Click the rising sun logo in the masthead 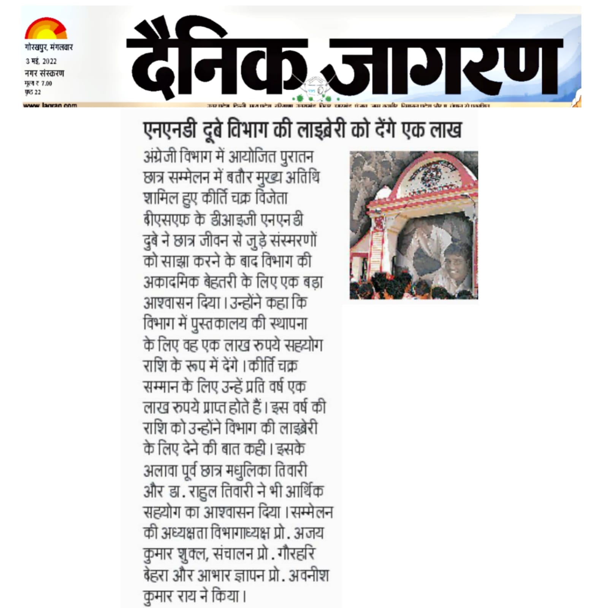pos(46,29)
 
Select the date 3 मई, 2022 pos(41,61)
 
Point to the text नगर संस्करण pos(44,73)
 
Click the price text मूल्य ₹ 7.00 pos(38,83)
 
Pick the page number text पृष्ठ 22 pos(33,92)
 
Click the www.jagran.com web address pos(50,105)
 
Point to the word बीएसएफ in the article pos(166,220)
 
